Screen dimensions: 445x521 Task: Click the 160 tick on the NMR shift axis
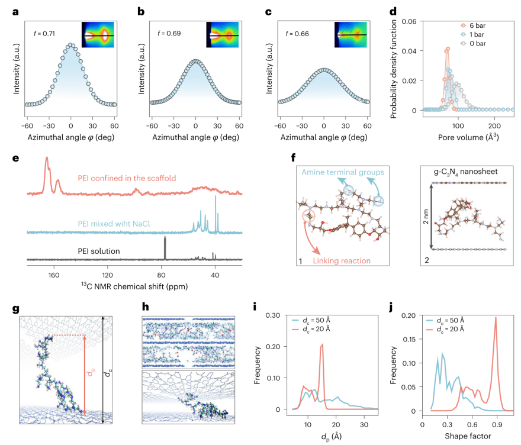click(x=53, y=275)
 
